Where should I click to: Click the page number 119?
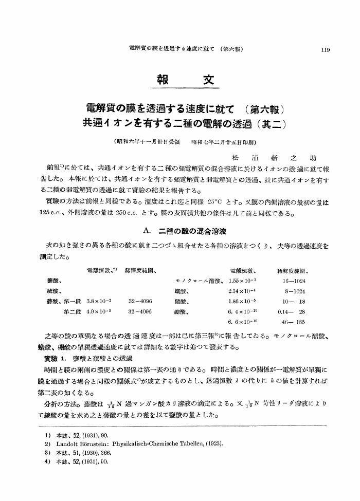pos(324,50)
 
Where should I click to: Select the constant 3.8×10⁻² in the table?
pos(100,301)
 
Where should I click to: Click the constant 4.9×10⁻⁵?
pos(100,311)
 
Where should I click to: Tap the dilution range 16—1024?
pos(294,280)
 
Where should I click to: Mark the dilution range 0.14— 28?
pos(292,311)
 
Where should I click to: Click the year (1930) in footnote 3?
pos(92,453)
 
